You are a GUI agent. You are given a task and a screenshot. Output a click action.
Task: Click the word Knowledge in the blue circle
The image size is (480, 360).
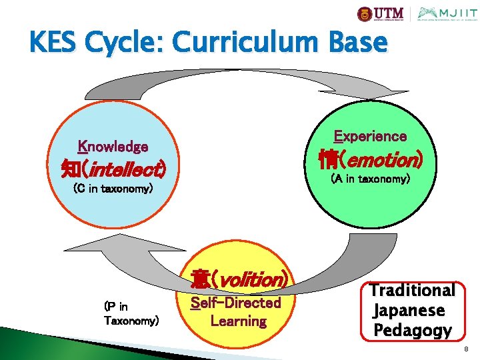[113, 146]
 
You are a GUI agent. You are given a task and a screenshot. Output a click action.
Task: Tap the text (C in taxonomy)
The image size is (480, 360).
[113, 189]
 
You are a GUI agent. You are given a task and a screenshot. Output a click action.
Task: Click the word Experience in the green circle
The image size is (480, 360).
[370, 136]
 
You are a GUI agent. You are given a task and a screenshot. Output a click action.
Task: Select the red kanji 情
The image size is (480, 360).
[327, 160]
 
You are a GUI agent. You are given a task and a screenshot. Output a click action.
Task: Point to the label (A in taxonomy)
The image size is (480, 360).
[371, 179]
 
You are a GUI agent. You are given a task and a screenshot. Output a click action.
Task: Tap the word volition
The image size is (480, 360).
[253, 279]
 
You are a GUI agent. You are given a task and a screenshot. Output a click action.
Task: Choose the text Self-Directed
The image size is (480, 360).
[236, 303]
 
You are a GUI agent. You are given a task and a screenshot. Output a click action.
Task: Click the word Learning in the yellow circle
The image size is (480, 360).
[238, 321]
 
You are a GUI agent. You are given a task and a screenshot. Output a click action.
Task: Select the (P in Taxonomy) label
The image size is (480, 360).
[131, 313]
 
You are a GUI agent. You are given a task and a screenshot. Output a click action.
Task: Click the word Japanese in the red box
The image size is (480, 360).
[409, 310]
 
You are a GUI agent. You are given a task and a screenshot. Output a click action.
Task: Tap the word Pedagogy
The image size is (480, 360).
[413, 330]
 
